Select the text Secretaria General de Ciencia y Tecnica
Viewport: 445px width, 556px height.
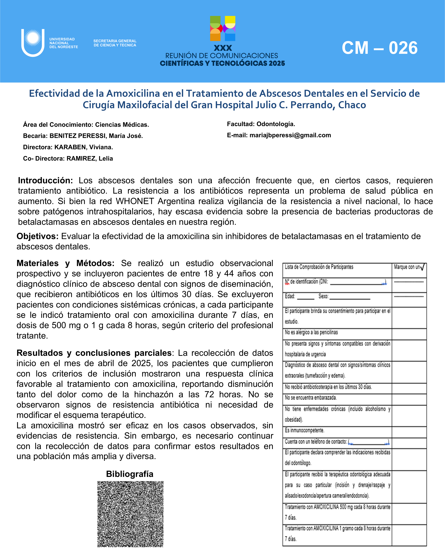pos(115,43)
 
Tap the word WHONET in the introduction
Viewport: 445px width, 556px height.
pos(135,201)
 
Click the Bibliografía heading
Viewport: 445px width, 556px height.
pos(130,474)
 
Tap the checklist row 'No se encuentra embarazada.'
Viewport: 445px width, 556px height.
pos(311,398)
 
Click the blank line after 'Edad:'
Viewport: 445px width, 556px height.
pos(306,298)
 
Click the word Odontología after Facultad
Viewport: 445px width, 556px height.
pos(275,124)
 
